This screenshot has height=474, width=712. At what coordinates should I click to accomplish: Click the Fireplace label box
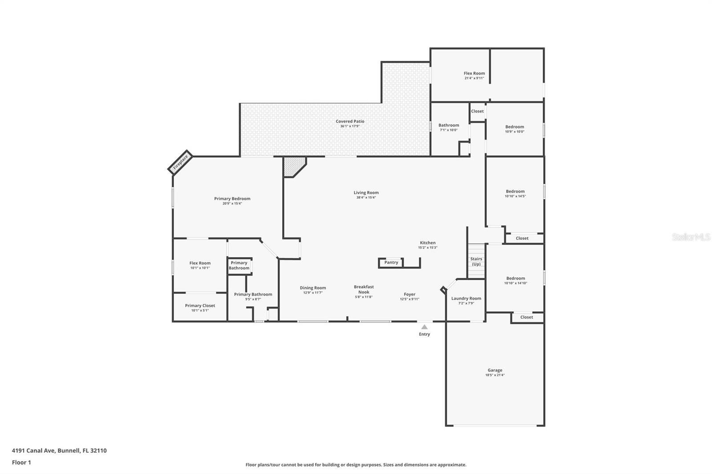pyautogui.click(x=180, y=162)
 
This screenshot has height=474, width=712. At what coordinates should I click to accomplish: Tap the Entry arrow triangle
pyautogui.click(x=425, y=327)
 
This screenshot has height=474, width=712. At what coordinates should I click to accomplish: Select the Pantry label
pyautogui.click(x=391, y=262)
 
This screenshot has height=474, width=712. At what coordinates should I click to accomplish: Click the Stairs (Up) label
pyautogui.click(x=476, y=261)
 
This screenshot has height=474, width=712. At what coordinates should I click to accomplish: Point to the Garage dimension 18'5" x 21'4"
pyautogui.click(x=495, y=375)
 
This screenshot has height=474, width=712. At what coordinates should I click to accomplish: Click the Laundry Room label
pyautogui.click(x=466, y=298)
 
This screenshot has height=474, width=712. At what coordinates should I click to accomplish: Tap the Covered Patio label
pyautogui.click(x=350, y=121)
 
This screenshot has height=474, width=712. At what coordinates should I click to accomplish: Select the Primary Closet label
pyautogui.click(x=200, y=305)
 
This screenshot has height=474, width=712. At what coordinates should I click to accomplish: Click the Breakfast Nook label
pyautogui.click(x=364, y=289)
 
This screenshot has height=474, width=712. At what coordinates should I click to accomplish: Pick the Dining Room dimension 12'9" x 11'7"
pyautogui.click(x=313, y=293)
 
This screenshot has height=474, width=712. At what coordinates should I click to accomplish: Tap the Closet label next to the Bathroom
pyautogui.click(x=477, y=111)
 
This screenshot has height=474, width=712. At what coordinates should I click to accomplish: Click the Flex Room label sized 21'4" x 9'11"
pyautogui.click(x=474, y=73)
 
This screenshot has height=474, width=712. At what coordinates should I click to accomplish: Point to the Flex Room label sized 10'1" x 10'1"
pyautogui.click(x=200, y=263)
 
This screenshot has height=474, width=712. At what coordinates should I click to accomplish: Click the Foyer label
pyautogui.click(x=409, y=294)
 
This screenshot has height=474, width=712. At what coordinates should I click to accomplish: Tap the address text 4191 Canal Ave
pyautogui.click(x=34, y=450)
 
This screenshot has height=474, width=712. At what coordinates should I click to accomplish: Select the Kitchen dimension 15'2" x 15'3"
pyautogui.click(x=428, y=248)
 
